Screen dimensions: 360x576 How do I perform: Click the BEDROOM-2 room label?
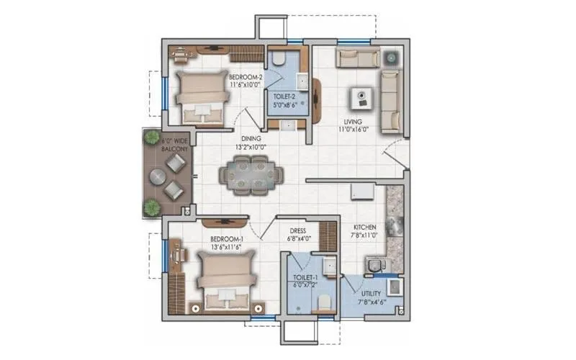tap(245, 76)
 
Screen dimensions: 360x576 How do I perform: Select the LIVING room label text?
tap(354, 122)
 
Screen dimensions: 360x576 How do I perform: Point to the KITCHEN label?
tap(364, 227)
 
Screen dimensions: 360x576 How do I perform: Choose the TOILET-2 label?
tap(287, 94)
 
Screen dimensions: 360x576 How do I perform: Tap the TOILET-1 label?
tap(306, 276)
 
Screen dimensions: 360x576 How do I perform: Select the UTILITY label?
tap(372, 294)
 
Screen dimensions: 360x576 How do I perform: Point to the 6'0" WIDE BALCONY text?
tap(175, 145)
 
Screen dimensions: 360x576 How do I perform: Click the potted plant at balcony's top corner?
tap(150, 137)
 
